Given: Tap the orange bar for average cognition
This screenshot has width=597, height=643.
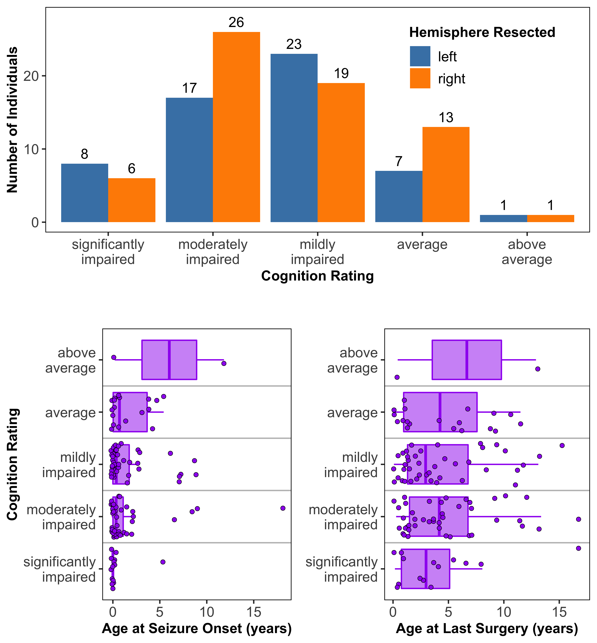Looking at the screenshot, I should point(446,175).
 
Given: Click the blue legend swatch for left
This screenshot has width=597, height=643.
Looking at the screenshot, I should point(420,56).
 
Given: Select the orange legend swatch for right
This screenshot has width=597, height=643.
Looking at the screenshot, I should point(420,78).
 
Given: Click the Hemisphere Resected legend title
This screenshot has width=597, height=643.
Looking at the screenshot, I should point(482,32).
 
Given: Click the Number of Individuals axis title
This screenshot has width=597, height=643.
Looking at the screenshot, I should point(12,120).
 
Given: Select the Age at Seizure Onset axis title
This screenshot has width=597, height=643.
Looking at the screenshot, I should point(197,628).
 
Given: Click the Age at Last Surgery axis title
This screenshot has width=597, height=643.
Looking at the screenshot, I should point(487,628).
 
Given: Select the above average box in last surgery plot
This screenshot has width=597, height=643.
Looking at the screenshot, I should point(467,360).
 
